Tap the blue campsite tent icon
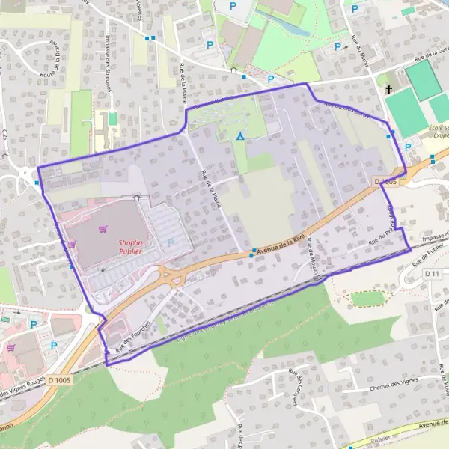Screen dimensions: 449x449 [x=239, y=136]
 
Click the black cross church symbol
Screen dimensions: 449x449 [x=388, y=90]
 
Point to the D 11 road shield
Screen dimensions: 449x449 [x=431, y=275]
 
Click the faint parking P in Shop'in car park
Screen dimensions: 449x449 [x=170, y=242]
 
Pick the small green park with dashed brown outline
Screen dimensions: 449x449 [x=367, y=299]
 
